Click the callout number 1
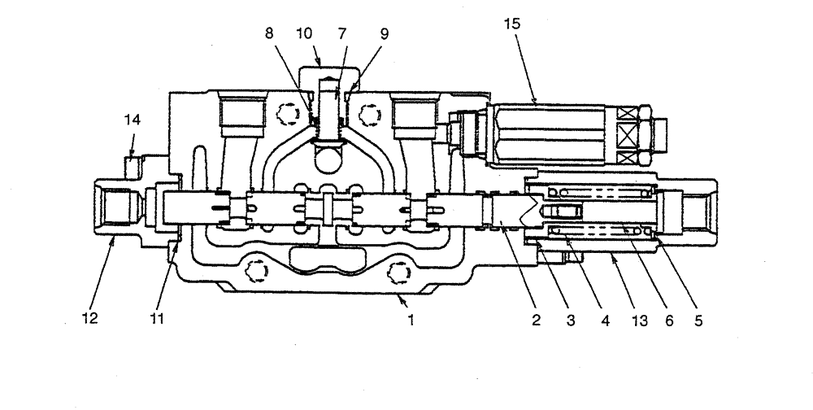coord(412,320)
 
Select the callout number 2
coord(537,320)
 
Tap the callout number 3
coord(571,320)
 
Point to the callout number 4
coord(604,320)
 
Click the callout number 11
coord(157,320)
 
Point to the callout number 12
coord(89,320)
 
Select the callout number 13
coord(640,320)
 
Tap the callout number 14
coord(133,120)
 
